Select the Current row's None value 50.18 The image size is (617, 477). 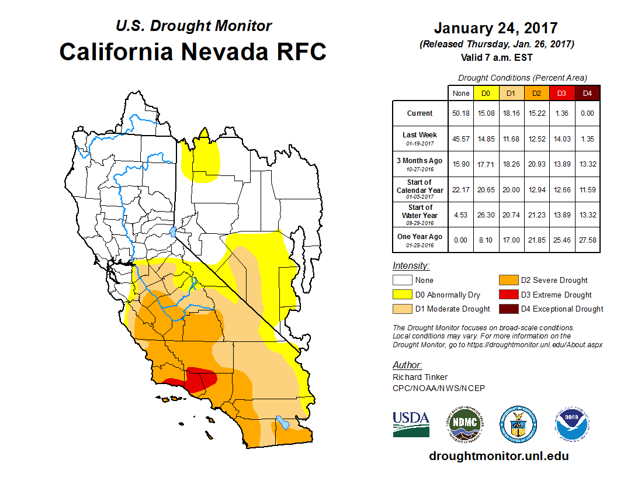[x=461, y=113]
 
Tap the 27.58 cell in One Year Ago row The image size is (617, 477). [x=586, y=240]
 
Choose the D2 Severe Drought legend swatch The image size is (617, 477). [x=508, y=281]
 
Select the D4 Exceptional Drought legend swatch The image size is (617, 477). [x=508, y=309]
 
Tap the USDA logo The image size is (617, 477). [x=411, y=424]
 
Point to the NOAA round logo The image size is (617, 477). [x=572, y=424]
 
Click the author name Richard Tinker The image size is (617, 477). [x=420, y=377]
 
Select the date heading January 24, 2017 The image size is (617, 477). [x=495, y=28]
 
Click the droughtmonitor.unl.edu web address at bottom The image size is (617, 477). [x=498, y=456]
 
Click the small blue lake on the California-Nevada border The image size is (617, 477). [x=172, y=231]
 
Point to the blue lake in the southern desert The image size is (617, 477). [x=282, y=422]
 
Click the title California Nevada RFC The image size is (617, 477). [x=192, y=52]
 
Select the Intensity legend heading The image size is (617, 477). [x=411, y=266]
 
